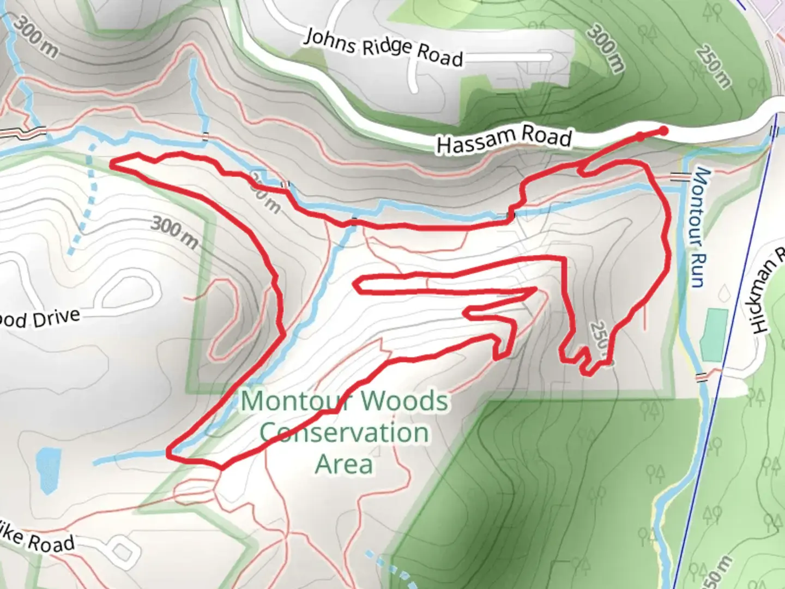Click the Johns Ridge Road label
point(383,47)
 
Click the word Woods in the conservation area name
point(404,401)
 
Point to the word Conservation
point(345,433)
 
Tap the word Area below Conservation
point(345,465)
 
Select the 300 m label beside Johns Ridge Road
point(605,48)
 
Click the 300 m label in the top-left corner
point(36,36)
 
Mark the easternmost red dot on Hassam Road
point(663,131)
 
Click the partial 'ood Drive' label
point(38,318)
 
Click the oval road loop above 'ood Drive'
point(126,289)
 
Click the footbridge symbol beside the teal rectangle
point(702,376)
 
